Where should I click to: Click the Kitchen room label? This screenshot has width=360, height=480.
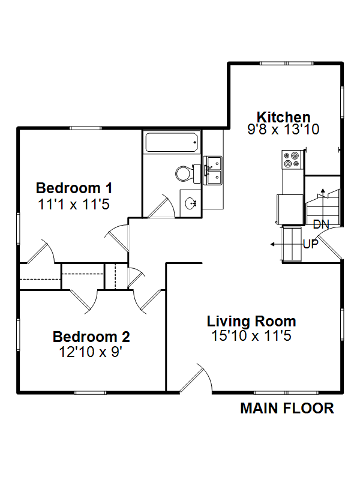coord(283,117)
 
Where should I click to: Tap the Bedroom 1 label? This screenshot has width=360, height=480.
coord(74,188)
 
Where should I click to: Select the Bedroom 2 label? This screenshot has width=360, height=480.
coord(91,337)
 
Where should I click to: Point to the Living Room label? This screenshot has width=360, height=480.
coord(251,322)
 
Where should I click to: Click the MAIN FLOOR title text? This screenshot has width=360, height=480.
coord(287,409)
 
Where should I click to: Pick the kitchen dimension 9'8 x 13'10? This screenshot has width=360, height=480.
coord(283,129)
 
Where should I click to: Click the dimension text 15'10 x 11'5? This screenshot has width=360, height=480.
coord(251,336)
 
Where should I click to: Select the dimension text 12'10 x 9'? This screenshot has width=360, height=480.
coord(91,352)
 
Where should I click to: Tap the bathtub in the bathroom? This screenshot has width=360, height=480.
coord(172,142)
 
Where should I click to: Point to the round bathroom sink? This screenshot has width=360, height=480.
coord(191,203)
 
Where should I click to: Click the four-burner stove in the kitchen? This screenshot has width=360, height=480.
coord(292,160)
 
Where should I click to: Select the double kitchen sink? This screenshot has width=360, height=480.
coord(213,170)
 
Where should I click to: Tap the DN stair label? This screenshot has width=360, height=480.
coord(321,224)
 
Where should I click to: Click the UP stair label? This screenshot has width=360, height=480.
coord(311,244)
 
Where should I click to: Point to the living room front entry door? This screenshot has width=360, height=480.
coord(196,379)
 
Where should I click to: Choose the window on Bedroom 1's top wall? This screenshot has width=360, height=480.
coord(85,128)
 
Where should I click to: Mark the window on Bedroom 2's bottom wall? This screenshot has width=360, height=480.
coord(90,393)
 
